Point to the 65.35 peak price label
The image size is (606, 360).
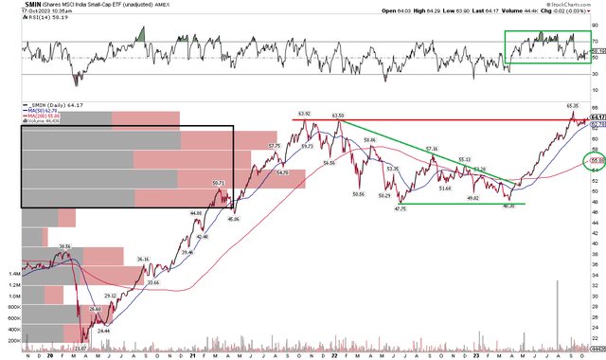(x=573, y=105)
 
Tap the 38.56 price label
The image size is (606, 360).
(x=65, y=245)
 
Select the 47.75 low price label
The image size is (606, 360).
(x=401, y=208)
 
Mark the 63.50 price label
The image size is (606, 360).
(x=338, y=115)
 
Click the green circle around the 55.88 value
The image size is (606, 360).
(x=597, y=161)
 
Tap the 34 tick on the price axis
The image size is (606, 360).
(x=597, y=274)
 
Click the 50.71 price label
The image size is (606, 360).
(x=217, y=183)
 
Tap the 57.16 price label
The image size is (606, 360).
(x=433, y=149)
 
